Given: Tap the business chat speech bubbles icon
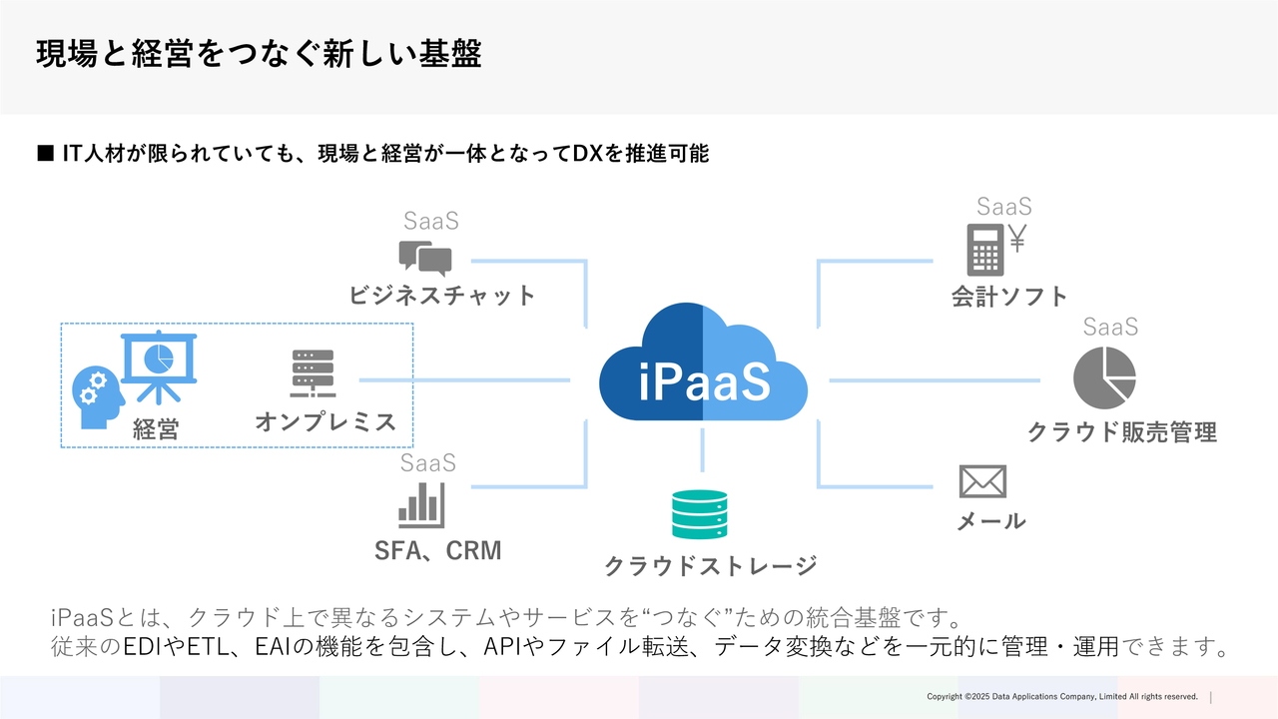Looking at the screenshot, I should pos(424,257).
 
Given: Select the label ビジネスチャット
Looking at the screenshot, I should pos(442,295).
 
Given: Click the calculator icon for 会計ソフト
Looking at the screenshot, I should pos(984,250).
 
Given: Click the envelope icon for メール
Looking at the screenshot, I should pos(982,481).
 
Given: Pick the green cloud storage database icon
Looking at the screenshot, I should pos(700,514).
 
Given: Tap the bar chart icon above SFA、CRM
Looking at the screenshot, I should pos(421,505).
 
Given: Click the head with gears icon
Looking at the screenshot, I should pos(99,396).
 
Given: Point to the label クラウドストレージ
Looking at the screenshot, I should pos(710,565).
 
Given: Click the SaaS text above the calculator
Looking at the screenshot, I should pos(1004,207).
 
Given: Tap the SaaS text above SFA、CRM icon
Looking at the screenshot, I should pos(428,463).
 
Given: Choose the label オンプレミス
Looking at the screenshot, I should pos(325,421).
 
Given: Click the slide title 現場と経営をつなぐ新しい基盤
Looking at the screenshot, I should pos(260,54).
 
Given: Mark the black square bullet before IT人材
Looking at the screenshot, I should pos(44,154).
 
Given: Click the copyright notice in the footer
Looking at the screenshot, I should pos(1061,696).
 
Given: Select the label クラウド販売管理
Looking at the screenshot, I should pos(1122,432).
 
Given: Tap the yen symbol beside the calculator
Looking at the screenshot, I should pos(1017,237).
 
